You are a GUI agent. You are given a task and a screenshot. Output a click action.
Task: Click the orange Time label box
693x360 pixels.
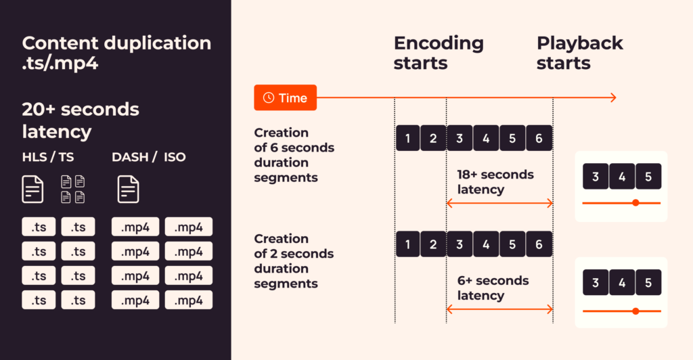[285, 97]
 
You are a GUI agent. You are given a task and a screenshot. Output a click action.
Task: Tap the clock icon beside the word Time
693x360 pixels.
[269, 97]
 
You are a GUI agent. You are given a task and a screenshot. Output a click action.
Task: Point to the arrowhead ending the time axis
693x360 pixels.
[613, 97]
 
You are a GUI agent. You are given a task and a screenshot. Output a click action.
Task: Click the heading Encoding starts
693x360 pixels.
[439, 53]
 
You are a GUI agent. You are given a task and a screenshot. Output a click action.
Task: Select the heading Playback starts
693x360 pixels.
[580, 53]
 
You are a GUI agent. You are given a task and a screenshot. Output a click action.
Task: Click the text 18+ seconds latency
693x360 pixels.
[495, 182]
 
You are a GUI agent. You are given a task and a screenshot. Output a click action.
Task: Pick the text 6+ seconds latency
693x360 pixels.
[493, 288]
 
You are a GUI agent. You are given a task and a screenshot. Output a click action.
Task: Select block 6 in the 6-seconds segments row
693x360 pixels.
[539, 138]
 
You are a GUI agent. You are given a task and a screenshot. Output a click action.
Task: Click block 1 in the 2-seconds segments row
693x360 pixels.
[407, 244]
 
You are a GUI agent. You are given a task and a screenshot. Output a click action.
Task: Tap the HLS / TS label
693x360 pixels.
[48, 157]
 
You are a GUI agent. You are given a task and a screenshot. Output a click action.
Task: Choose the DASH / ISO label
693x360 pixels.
[148, 157]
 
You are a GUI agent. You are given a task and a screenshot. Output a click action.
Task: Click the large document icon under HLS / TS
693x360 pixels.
[32, 189]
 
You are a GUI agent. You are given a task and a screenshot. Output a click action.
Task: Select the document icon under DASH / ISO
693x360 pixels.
[128, 189]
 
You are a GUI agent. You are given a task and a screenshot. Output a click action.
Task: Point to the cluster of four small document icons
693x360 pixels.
[73, 189]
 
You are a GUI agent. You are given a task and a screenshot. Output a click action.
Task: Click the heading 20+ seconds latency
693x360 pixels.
[81, 120]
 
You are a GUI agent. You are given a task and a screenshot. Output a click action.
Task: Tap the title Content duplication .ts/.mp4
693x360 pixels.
[116, 53]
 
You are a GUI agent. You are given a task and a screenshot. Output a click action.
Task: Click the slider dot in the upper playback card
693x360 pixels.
[635, 203]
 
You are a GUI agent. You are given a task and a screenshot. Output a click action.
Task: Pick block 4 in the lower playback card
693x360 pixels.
[622, 282]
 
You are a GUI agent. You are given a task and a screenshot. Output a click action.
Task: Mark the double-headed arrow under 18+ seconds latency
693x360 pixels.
[499, 203]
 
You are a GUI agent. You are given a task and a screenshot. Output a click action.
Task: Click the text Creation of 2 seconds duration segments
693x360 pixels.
[294, 261]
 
